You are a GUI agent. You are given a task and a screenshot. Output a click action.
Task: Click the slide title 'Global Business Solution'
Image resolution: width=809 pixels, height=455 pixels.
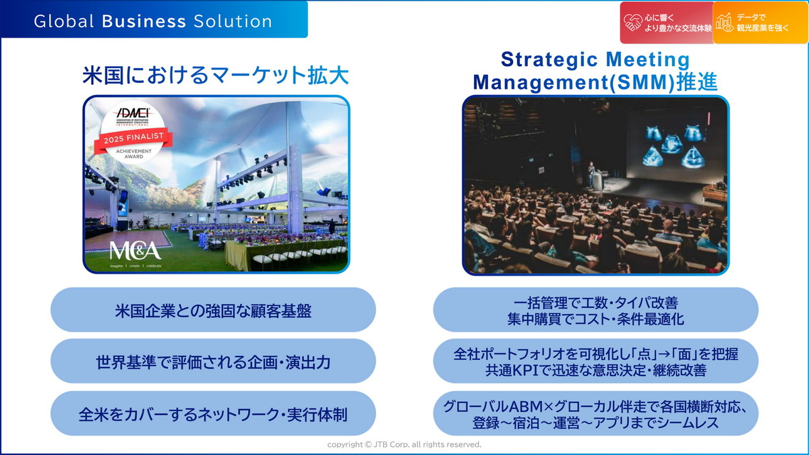tap(153, 21)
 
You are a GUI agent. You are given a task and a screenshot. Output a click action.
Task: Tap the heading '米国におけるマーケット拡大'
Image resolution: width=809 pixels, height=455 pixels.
tap(216, 75)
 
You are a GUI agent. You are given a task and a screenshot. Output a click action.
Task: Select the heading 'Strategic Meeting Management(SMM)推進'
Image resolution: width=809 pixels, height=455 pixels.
tap(595, 71)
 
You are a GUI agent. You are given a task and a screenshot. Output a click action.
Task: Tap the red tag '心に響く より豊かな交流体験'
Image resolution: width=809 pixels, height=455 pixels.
tap(666, 23)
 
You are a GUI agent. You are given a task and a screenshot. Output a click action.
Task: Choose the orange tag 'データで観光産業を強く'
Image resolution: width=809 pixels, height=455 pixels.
tap(760, 23)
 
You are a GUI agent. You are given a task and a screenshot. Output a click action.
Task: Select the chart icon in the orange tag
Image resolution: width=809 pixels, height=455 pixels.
tap(725, 23)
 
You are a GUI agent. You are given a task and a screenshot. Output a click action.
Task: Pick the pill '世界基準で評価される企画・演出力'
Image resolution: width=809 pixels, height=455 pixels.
tap(213, 361)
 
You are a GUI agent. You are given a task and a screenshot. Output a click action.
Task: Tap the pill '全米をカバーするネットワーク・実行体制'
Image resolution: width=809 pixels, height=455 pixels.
tap(213, 413)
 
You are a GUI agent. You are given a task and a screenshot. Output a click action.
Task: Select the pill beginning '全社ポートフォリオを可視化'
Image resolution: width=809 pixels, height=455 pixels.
tap(595, 362)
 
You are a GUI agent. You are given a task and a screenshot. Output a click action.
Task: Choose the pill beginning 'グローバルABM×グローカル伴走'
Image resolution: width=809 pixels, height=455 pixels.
tap(595, 413)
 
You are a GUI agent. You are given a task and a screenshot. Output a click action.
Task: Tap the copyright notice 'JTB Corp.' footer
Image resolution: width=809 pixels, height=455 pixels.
tap(404, 445)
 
